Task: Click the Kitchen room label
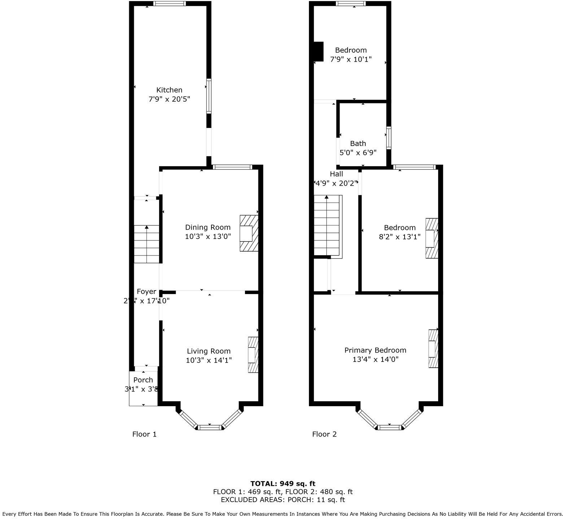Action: coord(169,90)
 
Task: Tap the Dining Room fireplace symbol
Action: coord(249,233)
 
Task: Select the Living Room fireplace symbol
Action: coord(253,355)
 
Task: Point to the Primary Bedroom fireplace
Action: coord(433,349)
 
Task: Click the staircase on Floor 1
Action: coord(147,244)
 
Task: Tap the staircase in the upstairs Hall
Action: coord(327,226)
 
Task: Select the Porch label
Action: coord(143,380)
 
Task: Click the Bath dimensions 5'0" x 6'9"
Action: coord(358,152)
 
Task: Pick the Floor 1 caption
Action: coord(144,434)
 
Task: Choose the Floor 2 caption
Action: coord(324,434)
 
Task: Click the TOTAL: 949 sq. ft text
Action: coord(283,484)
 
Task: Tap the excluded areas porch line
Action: coord(283,500)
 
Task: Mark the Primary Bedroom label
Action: coord(375,350)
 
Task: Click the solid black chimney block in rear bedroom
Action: coord(318,52)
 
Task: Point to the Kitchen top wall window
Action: coord(169,4)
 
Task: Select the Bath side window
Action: coord(389,138)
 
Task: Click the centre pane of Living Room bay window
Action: coord(210,427)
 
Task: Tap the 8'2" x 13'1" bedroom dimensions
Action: coord(400,237)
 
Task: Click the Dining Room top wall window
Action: coord(232,167)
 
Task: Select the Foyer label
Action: coord(147,292)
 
